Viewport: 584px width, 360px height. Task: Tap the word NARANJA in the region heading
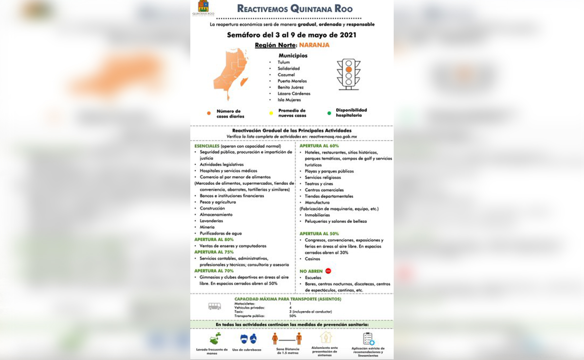tap(314, 45)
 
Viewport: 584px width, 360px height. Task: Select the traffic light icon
tap(348, 74)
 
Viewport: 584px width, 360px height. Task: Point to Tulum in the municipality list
tap(284, 62)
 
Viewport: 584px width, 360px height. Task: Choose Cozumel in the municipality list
tap(286, 75)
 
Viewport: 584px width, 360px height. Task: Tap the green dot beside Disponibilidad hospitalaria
tap(329, 113)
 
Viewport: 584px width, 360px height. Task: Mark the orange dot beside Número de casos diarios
tap(209, 113)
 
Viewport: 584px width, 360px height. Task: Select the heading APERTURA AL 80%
tap(214, 240)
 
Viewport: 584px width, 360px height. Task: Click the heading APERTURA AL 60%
tap(319, 146)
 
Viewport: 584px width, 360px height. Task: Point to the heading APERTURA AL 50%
tap(319, 234)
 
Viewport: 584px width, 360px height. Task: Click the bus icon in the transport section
tap(215, 306)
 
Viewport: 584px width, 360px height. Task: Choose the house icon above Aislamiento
tap(325, 338)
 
